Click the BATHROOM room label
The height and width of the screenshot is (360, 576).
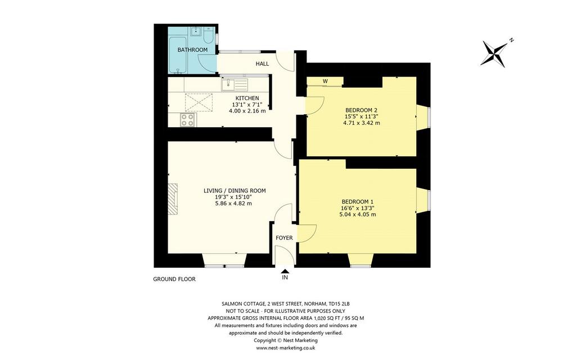[192, 50]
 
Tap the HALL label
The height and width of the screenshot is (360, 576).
[262, 64]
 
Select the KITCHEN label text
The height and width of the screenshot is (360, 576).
[247, 98]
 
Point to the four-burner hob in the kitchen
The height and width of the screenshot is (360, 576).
[188, 120]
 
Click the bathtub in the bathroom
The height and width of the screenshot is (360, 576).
[177, 55]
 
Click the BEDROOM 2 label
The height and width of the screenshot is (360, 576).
[362, 110]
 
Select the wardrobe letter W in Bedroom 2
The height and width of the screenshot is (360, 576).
[325, 81]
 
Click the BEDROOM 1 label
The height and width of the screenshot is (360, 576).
[357, 202]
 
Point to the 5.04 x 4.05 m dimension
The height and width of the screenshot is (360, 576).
[357, 214]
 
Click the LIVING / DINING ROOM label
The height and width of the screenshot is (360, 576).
[235, 191]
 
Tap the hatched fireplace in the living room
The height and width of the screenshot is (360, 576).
[173, 199]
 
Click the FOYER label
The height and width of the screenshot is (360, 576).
[284, 238]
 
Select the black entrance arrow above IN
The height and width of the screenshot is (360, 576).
[285, 271]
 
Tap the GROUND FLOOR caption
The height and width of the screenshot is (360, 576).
[174, 279]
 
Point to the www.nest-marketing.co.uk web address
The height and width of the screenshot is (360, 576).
[285, 348]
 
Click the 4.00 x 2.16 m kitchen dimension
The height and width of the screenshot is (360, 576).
[247, 111]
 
